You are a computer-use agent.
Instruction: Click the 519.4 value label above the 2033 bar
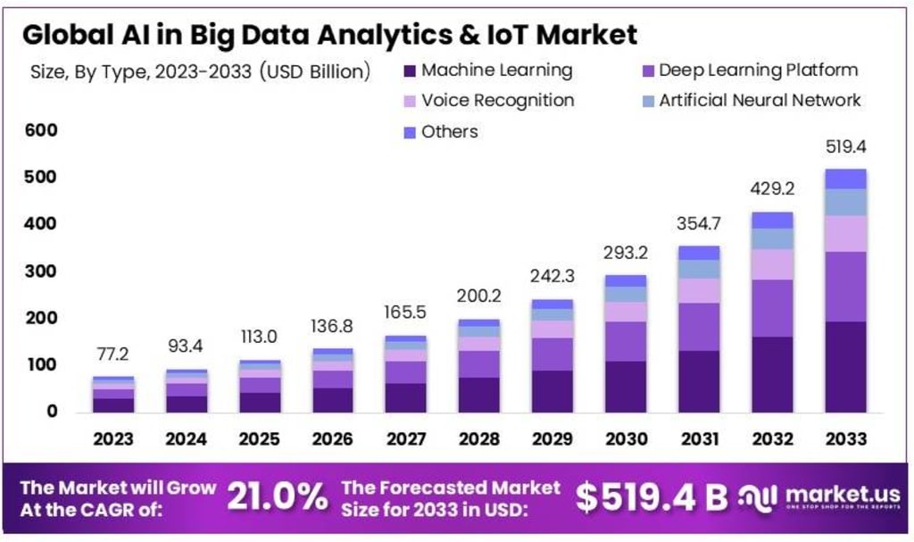click(845, 146)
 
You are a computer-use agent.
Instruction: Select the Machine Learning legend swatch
click(410, 71)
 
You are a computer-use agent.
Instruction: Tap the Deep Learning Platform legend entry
click(758, 71)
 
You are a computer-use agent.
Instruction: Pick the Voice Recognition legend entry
click(497, 100)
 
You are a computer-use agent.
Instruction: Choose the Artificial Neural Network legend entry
click(760, 100)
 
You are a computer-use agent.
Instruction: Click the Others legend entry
click(449, 131)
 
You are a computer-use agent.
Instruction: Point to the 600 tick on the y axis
click(41, 130)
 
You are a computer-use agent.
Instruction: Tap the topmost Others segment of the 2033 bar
click(845, 179)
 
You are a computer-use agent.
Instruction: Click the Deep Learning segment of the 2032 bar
click(773, 308)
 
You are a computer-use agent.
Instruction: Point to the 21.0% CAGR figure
click(276, 497)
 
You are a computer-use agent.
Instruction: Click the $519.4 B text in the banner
click(651, 497)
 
